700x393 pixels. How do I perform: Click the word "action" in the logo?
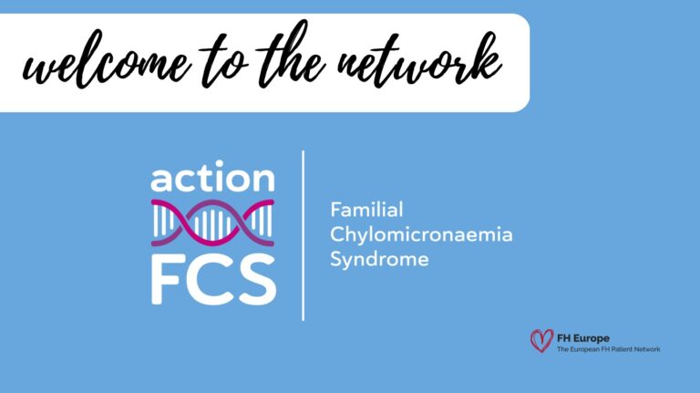[x=212, y=177]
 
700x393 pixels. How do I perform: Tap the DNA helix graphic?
[x=212, y=224]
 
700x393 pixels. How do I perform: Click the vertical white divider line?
[x=303, y=235]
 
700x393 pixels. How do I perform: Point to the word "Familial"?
[x=366, y=210]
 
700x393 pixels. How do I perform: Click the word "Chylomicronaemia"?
[x=421, y=235]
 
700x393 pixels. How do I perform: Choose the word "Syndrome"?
[x=379, y=260]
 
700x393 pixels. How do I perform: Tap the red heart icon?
[x=541, y=341]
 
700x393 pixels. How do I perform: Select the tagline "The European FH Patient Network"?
[x=608, y=349]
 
